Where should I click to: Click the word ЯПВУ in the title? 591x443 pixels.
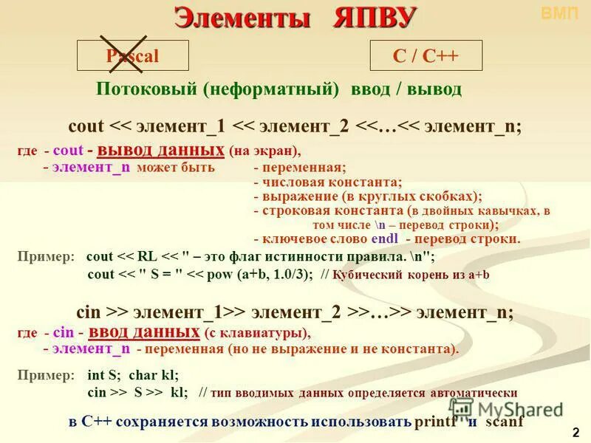coord(376,17)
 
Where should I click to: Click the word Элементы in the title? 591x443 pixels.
coord(242,17)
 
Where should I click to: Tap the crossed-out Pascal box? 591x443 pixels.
coord(133,56)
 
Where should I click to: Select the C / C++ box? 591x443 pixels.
coord(426,56)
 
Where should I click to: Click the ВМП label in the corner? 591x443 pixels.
coord(559,13)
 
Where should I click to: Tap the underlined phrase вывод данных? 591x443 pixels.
coord(160,151)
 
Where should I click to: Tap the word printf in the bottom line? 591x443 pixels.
coord(436,422)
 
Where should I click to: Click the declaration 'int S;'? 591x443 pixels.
coord(103,375)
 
